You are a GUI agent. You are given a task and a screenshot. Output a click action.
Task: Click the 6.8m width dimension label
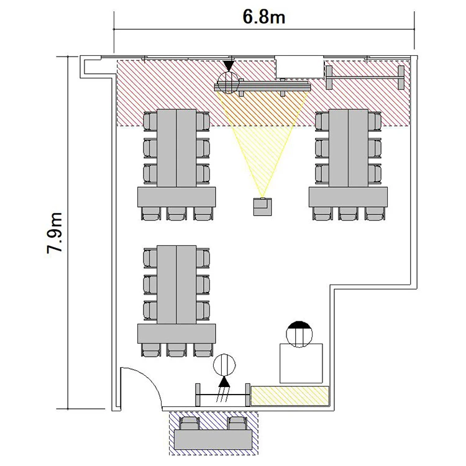click(x=264, y=17)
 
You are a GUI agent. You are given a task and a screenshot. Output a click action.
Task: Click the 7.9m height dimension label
click(x=55, y=233)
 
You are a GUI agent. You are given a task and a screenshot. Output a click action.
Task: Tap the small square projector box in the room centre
click(x=262, y=206)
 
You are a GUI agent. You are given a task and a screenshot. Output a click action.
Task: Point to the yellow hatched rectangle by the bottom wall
click(x=290, y=396)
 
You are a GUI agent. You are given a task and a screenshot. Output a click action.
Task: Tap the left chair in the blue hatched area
click(x=190, y=423)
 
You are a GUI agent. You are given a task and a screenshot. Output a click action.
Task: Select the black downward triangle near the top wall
click(x=229, y=66)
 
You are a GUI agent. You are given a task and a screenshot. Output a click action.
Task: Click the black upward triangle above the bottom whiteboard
click(x=224, y=381)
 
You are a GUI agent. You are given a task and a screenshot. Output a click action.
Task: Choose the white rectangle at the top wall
click(x=299, y=66)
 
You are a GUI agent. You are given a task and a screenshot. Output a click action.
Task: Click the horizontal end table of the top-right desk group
click(x=348, y=197)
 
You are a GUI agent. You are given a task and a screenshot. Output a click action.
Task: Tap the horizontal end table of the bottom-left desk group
click(x=176, y=334)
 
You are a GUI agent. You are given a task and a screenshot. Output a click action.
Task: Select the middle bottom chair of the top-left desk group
click(x=176, y=213)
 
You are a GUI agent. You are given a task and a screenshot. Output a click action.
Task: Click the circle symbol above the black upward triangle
click(x=224, y=365)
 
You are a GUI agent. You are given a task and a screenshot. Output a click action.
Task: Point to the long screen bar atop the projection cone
click(x=262, y=87)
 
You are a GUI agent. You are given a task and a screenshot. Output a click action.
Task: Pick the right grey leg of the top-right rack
click(x=401, y=77)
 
